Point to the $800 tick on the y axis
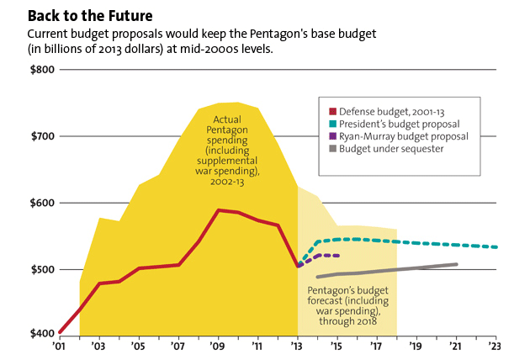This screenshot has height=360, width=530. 40,70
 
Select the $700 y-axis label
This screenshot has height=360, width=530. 40,136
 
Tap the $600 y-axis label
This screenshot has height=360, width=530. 40,203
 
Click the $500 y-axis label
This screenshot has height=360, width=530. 40,269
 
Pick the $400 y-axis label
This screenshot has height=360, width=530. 40,335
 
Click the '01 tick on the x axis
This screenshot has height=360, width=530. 59,346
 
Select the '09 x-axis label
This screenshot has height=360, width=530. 218,346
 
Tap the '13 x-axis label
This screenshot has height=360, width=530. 297,346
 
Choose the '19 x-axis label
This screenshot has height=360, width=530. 416,346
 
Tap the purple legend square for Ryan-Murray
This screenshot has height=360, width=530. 334,137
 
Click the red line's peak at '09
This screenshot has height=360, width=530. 219,210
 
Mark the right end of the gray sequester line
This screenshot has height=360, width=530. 457,264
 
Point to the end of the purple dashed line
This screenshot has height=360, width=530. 337,256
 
